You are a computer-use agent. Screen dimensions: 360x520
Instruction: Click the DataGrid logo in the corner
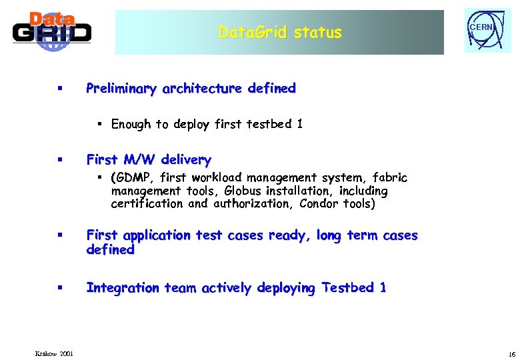click(x=52, y=31)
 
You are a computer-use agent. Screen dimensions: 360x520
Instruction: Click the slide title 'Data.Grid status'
click(x=279, y=32)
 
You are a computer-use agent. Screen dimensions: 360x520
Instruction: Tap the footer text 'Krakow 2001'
click(x=55, y=353)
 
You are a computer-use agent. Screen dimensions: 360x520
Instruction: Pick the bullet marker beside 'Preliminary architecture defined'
click(x=60, y=89)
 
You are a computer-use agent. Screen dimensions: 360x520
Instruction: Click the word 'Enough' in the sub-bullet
click(x=131, y=124)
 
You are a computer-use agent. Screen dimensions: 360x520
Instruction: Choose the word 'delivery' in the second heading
click(x=185, y=160)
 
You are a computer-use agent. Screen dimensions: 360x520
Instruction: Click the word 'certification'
click(x=147, y=203)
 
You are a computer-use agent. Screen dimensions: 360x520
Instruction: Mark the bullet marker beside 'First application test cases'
click(x=60, y=235)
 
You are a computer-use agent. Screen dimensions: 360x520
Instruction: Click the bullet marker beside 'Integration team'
click(x=60, y=288)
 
